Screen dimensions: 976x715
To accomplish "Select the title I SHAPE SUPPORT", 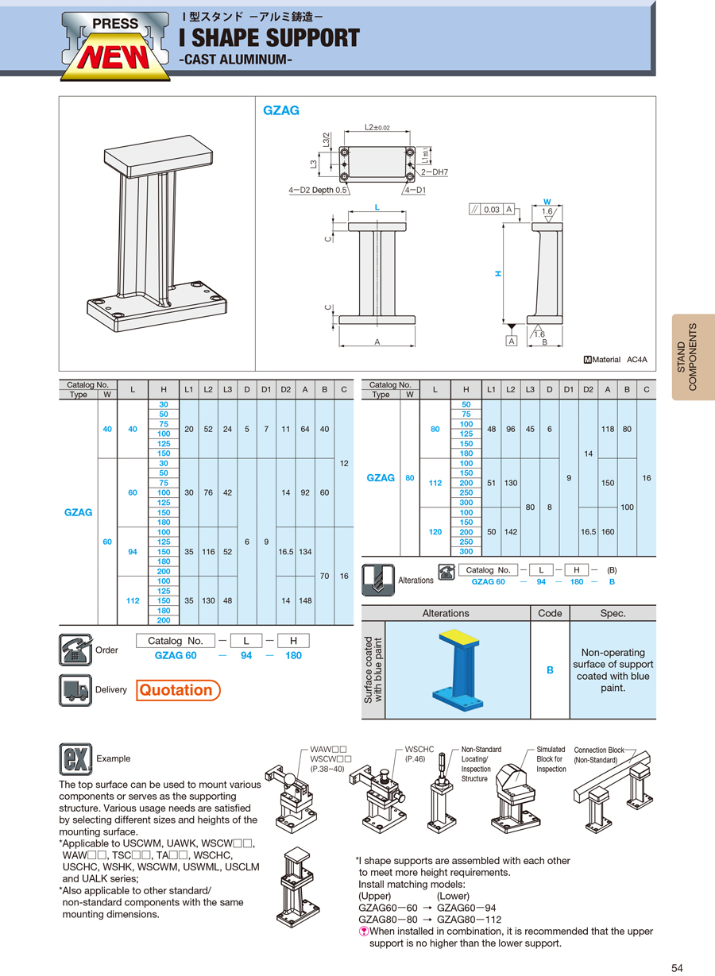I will (x=269, y=37).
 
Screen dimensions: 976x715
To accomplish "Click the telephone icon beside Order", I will (x=75, y=650).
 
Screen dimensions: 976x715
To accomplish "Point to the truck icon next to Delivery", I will (x=75, y=690).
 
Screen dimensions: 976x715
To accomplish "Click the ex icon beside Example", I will (x=75, y=758).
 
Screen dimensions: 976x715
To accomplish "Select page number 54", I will (x=677, y=966).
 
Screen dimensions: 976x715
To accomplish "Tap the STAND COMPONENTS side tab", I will (x=692, y=357).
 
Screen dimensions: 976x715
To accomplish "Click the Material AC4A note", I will (x=616, y=360).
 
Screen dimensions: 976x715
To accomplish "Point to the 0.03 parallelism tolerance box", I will (x=492, y=210).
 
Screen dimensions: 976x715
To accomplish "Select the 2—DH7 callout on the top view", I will (x=434, y=172).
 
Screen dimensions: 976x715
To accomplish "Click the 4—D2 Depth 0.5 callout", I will (x=318, y=190).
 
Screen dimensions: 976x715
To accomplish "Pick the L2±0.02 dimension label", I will (x=377, y=127).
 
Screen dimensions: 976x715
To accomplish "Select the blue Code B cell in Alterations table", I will (x=550, y=670).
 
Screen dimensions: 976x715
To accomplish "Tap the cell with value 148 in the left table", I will (x=305, y=601).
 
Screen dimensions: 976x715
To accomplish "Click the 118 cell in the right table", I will (x=609, y=429).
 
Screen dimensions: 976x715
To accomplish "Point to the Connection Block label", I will (x=599, y=754).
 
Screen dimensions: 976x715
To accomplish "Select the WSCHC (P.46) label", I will (x=419, y=754).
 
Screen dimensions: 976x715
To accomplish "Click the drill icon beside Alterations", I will (x=377, y=580).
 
